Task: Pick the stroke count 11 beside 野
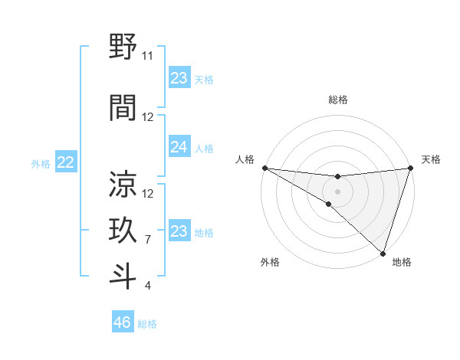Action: coord(148,57)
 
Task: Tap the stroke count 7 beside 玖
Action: coord(148,240)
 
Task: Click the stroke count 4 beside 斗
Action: coord(148,286)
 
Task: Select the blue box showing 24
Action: coord(179,148)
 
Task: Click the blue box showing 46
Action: coord(123,322)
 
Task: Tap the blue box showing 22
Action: coord(66,162)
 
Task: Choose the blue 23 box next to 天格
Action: coord(179,78)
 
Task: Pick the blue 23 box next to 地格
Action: coord(179,231)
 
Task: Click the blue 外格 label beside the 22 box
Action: coord(41,163)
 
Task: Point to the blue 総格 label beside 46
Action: coord(147,324)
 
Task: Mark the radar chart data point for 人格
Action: coord(264,167)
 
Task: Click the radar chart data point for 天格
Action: coord(410,168)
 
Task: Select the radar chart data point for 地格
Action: coord(383,252)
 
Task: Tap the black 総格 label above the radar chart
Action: coord(337,100)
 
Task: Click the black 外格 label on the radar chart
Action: coord(270,263)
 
